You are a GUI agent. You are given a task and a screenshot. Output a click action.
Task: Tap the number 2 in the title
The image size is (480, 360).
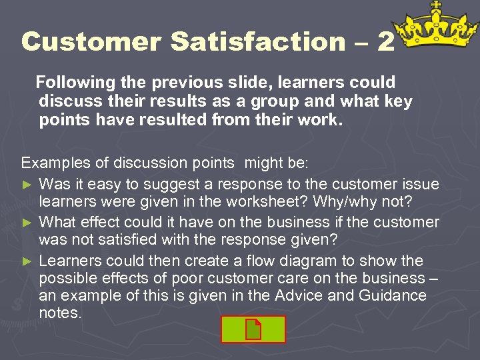[x=385, y=42]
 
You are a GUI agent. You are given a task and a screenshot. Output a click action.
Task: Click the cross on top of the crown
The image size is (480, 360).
[x=437, y=5]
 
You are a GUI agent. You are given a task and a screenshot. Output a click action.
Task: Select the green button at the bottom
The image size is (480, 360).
[x=254, y=329]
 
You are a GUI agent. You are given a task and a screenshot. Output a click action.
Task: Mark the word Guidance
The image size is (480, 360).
[x=391, y=295]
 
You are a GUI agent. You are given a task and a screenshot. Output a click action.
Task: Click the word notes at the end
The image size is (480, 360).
[x=60, y=313]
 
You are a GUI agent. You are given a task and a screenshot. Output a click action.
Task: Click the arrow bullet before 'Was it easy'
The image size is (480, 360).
[x=27, y=184]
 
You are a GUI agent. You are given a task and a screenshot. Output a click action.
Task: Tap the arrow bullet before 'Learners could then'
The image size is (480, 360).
[x=27, y=260]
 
